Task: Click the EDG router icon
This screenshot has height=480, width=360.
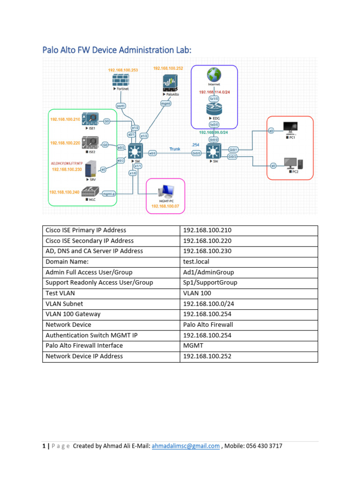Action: [x=214, y=109]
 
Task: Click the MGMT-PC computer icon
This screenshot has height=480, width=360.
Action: [x=165, y=191]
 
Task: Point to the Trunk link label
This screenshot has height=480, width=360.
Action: [x=175, y=149]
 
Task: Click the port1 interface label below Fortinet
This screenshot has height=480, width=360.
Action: [x=120, y=106]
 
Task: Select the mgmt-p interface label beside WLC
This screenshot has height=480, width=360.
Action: [x=108, y=194]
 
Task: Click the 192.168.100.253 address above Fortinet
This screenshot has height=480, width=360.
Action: [x=123, y=70]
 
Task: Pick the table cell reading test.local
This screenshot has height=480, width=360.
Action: [x=195, y=262]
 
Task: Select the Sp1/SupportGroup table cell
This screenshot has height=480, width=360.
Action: [x=210, y=283]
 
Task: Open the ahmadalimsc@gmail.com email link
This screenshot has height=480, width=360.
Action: [x=185, y=446]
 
